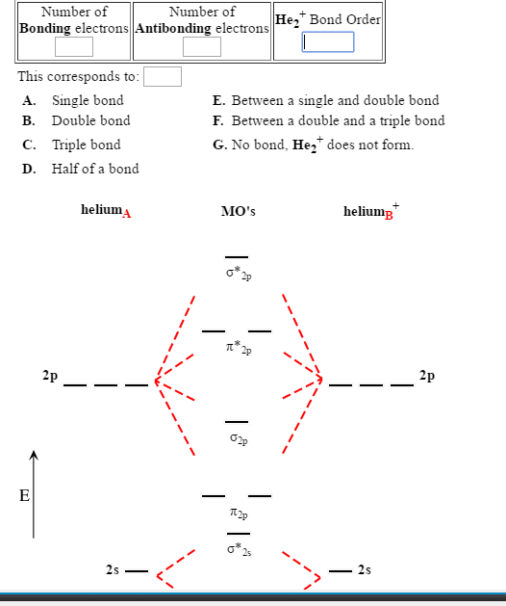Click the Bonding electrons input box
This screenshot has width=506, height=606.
click(x=74, y=46)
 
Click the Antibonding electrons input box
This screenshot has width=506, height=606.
click(x=202, y=46)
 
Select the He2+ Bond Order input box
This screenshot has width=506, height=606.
click(x=328, y=42)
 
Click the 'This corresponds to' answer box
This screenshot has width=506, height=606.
click(x=163, y=76)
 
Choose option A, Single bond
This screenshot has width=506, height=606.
click(x=87, y=100)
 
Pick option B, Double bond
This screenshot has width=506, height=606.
click(x=90, y=121)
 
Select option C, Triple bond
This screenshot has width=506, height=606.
click(x=86, y=145)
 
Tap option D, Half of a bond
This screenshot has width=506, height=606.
click(x=94, y=169)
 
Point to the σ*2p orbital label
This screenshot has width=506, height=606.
click(x=238, y=275)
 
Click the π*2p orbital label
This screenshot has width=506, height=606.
click(x=238, y=347)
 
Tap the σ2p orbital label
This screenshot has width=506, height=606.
click(x=238, y=440)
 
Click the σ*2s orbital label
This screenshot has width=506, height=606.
click(x=238, y=551)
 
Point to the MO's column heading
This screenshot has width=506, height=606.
click(x=238, y=212)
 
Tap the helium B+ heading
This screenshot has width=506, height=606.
click(x=370, y=211)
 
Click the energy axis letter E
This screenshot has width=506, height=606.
click(x=26, y=496)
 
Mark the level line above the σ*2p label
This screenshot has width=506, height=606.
click(x=238, y=257)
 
